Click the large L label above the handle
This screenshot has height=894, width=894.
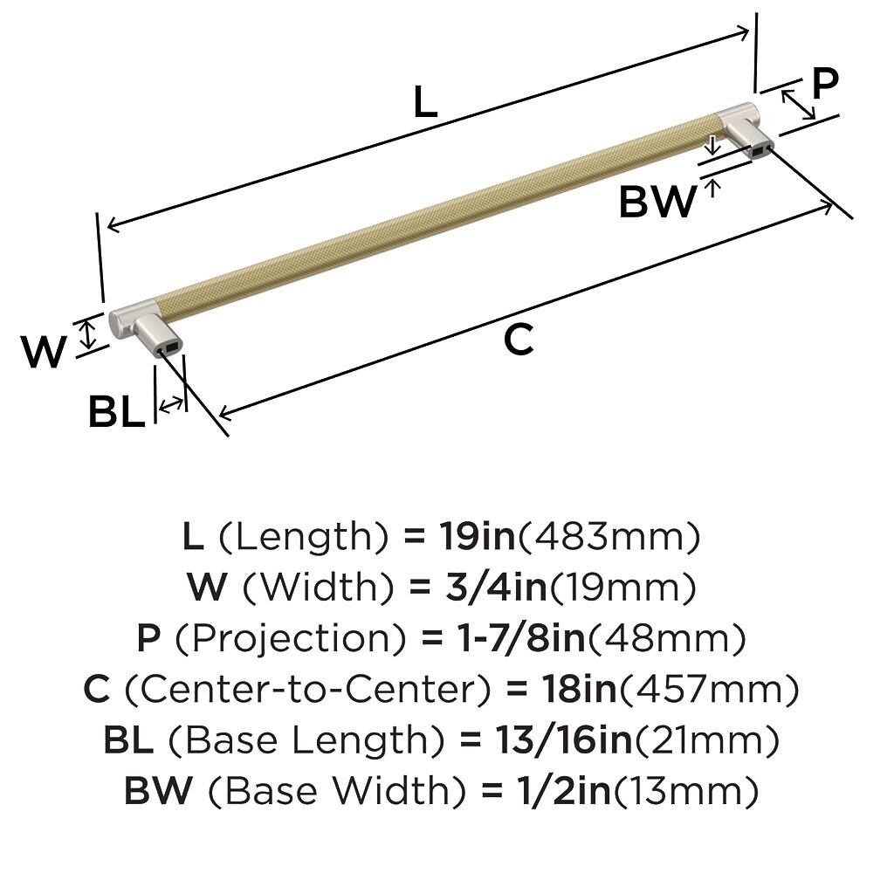[x=425, y=101]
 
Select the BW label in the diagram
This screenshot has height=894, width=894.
[x=657, y=202]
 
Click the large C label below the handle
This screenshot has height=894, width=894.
[x=519, y=340]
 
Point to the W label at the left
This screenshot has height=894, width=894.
[x=44, y=351]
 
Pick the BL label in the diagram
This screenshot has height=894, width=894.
[x=116, y=412]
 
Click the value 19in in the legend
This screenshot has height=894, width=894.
[x=478, y=537]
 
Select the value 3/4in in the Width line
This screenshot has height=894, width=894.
[x=496, y=588]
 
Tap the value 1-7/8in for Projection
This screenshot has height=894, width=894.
[x=522, y=638]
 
